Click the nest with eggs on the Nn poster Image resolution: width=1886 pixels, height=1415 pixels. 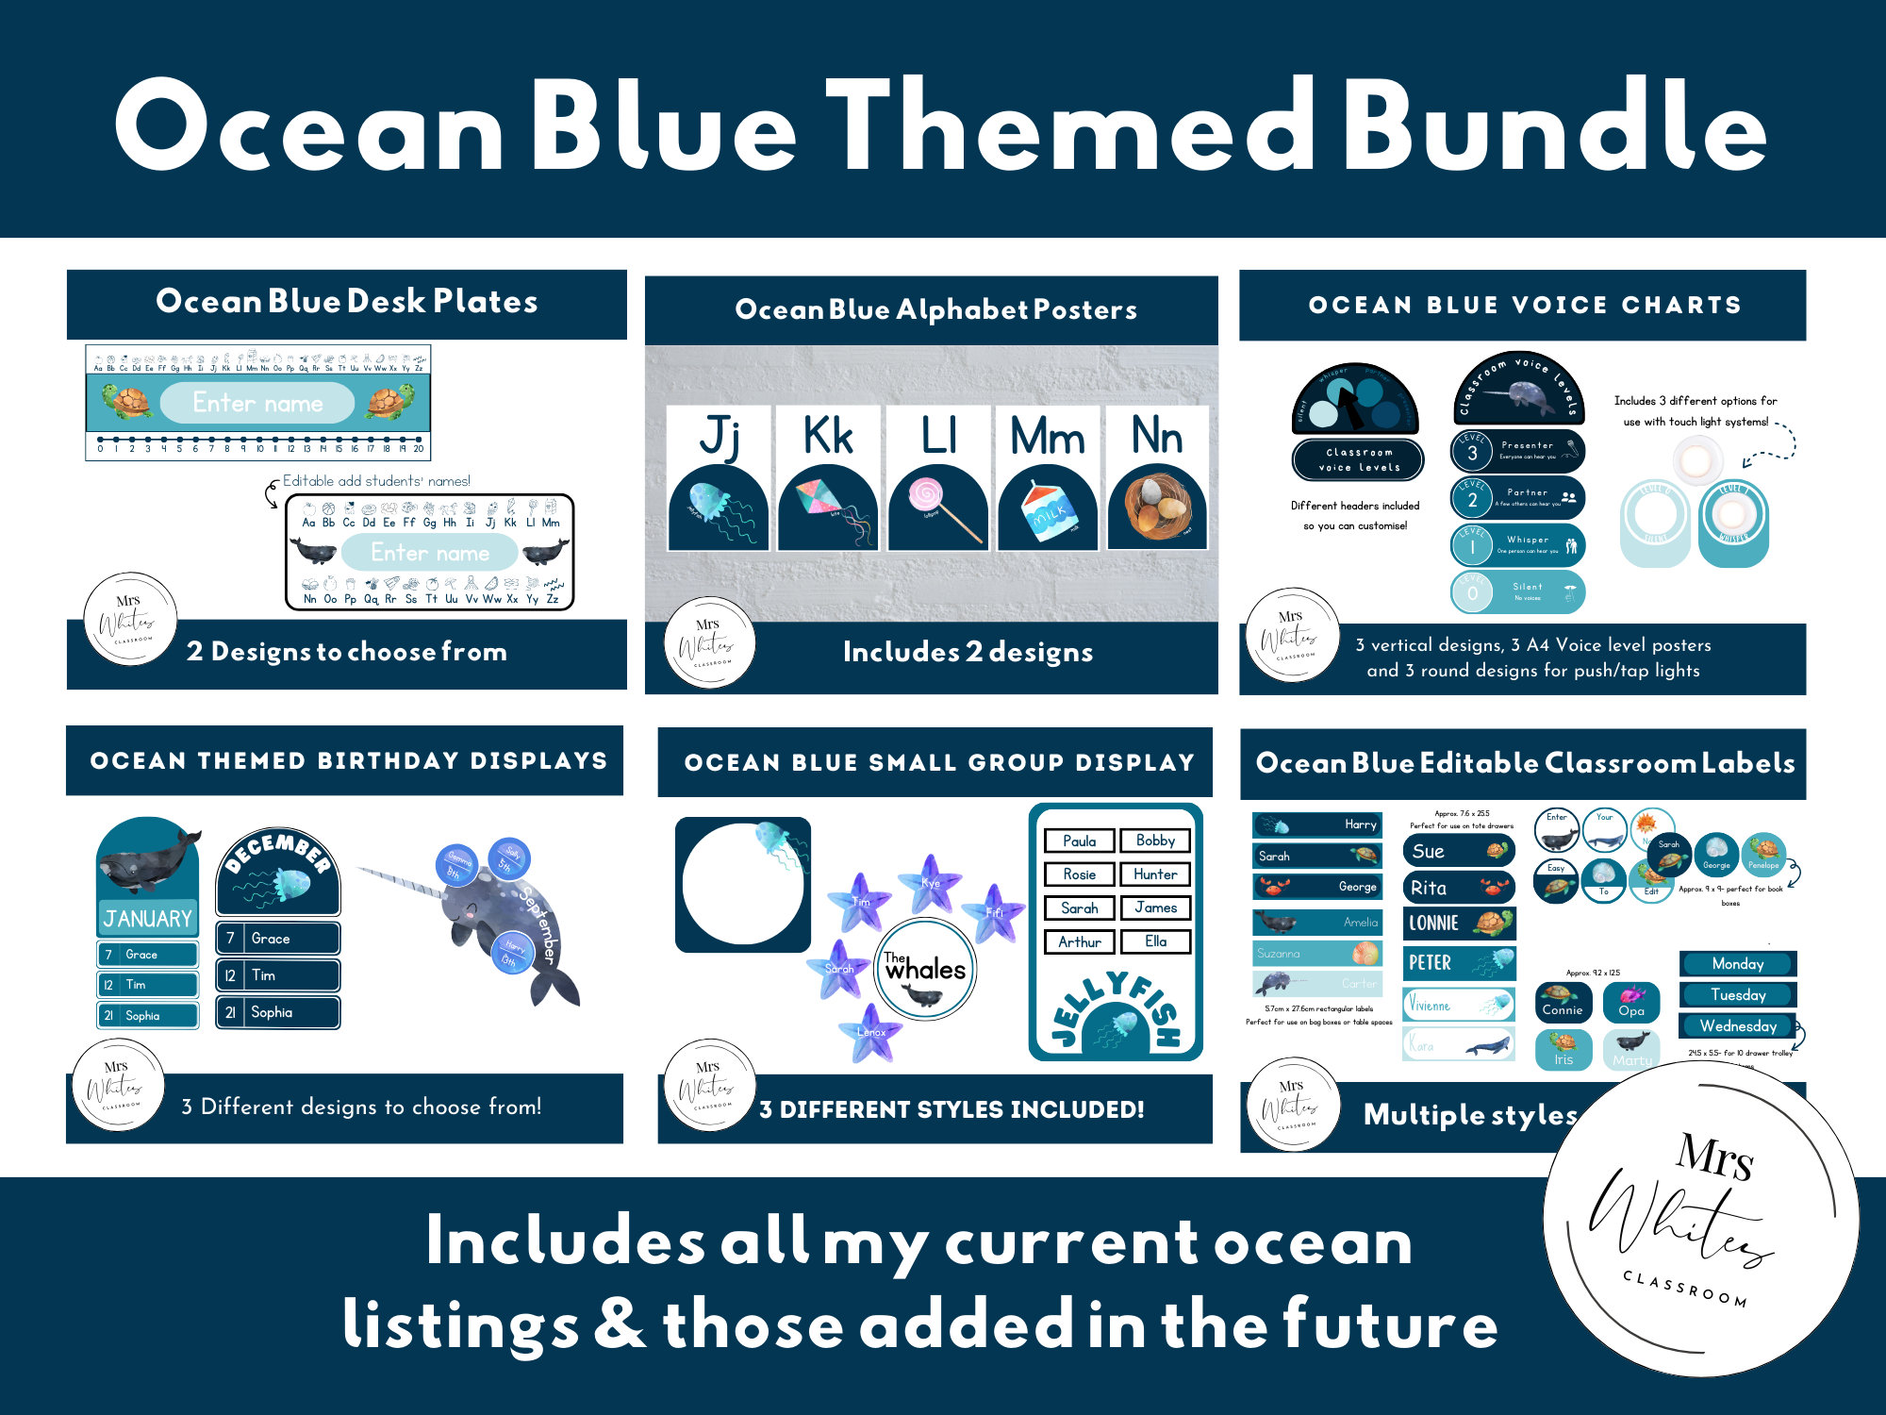pyautogui.click(x=1158, y=505)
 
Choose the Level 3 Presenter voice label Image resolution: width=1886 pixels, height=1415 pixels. pyautogui.click(x=1518, y=451)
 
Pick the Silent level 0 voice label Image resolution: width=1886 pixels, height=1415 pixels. pyautogui.click(x=1518, y=591)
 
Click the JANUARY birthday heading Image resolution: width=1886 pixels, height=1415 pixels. pyautogui.click(x=147, y=918)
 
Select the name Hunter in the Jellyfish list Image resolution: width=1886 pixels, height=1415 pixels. pyautogui.click(x=1155, y=874)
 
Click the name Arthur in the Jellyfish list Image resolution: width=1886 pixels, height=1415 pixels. pyautogui.click(x=1080, y=941)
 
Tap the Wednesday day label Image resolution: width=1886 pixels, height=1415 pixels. pyautogui.click(x=1738, y=1025)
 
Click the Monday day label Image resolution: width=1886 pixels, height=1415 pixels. pyautogui.click(x=1738, y=963)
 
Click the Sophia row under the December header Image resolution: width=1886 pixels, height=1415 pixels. pyautogui.click(x=278, y=1012)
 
